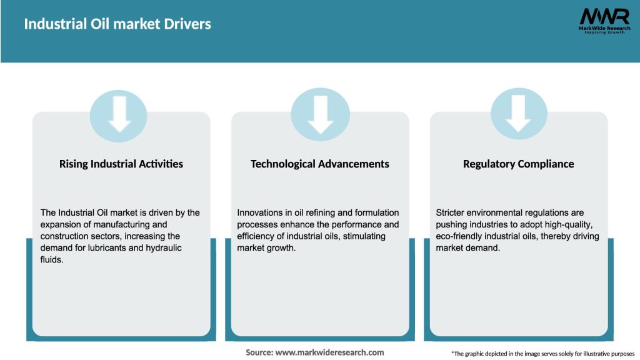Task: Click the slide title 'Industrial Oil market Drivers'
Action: point(117,24)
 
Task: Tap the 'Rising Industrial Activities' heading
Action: point(121,164)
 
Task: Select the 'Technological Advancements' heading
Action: point(320,164)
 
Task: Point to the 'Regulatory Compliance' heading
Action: point(518,164)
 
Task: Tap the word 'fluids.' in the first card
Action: point(52,259)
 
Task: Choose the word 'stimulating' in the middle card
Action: point(363,236)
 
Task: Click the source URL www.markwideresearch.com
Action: point(329,352)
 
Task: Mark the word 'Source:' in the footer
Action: point(259,352)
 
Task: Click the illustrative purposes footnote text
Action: point(542,354)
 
